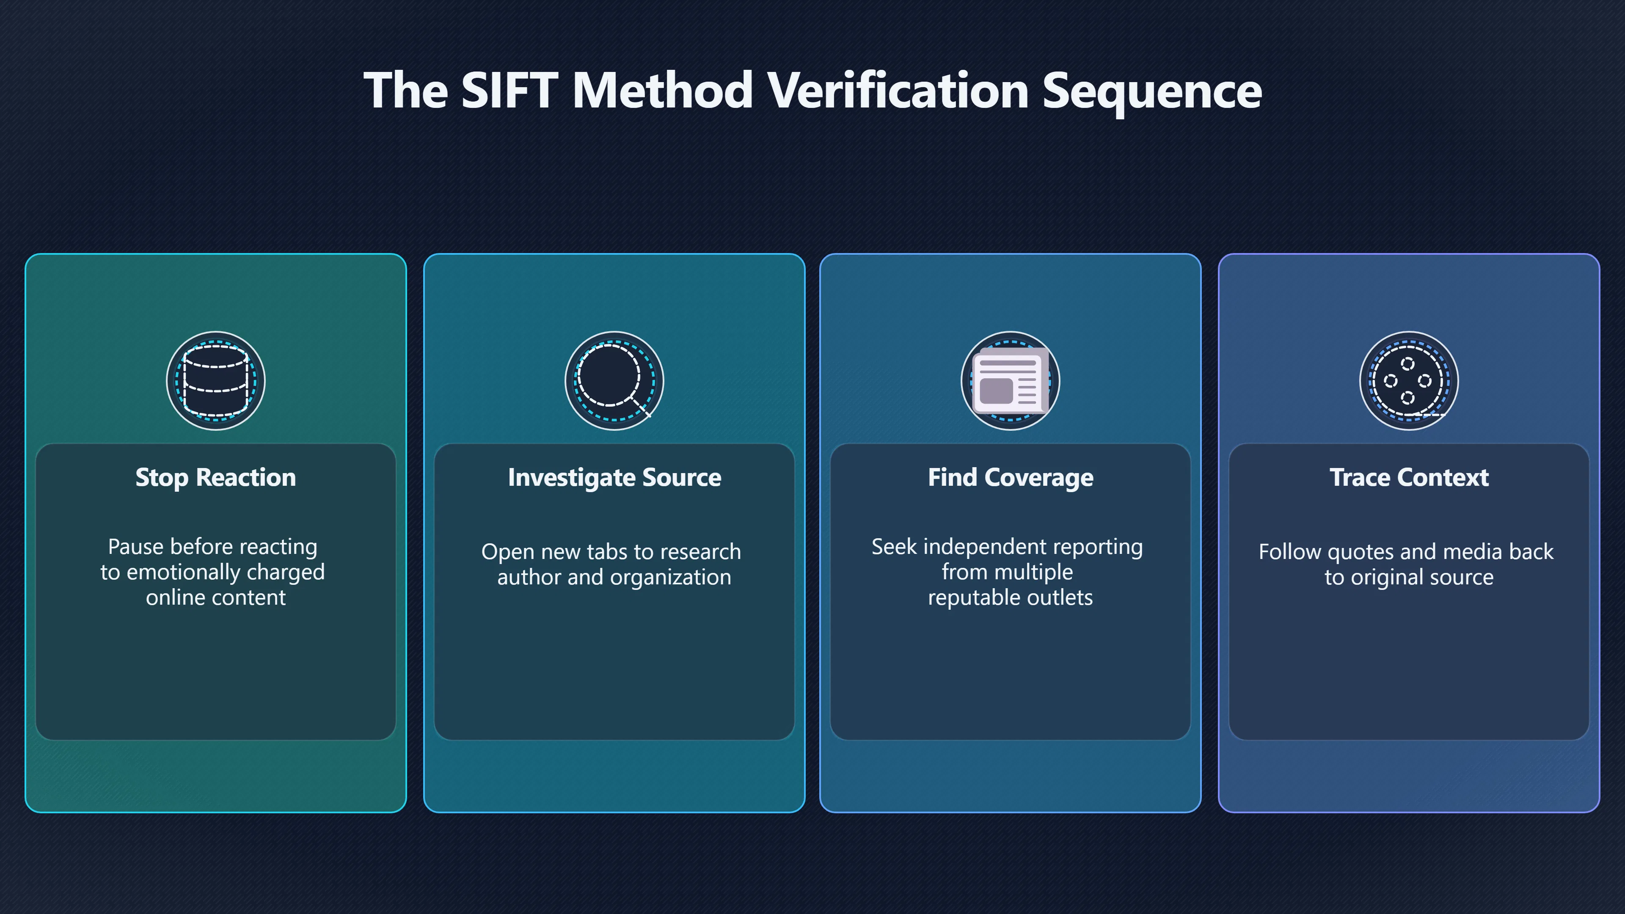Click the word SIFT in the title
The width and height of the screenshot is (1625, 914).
click(509, 90)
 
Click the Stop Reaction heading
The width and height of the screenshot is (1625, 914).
click(216, 477)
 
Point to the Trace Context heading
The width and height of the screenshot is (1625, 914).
click(1409, 477)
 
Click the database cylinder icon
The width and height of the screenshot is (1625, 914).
click(216, 381)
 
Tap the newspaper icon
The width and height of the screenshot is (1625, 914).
click(1011, 381)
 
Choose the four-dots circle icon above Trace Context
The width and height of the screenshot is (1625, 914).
click(1409, 381)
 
